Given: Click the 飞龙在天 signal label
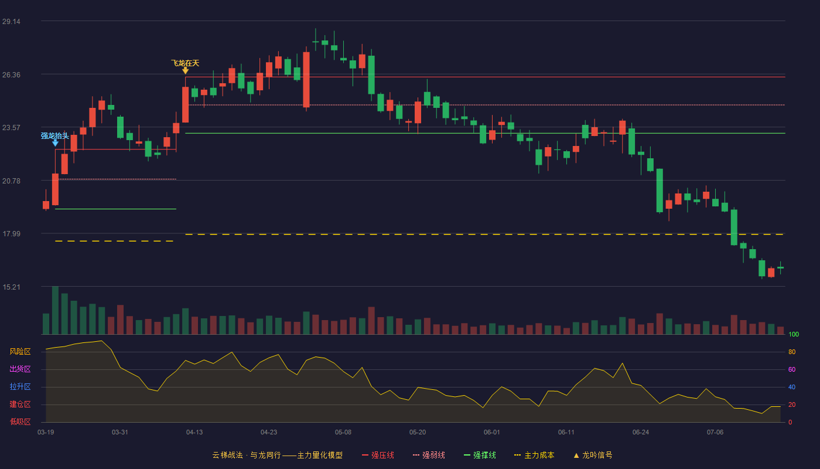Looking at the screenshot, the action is [x=185, y=63].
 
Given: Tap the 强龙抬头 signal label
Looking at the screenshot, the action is [x=54, y=135].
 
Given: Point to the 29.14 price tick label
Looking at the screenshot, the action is [x=11, y=21].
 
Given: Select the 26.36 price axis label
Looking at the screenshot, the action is [x=11, y=75].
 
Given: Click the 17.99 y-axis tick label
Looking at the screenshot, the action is [x=11, y=233].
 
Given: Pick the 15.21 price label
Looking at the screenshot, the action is [x=11, y=287].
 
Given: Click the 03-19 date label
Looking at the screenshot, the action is [x=46, y=432].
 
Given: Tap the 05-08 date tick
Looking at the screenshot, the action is [x=343, y=432].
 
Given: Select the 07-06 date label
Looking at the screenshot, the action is [x=715, y=432].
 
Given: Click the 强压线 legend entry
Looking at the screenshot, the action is [x=378, y=455].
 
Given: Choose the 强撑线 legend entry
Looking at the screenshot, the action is [x=480, y=455].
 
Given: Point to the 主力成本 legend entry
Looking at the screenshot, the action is [x=534, y=455].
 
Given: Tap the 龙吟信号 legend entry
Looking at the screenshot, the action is [x=593, y=455].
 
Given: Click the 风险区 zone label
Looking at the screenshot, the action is [x=20, y=351].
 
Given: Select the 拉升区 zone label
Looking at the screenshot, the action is [x=20, y=386].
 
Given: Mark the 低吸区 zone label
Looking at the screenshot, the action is [x=20, y=422].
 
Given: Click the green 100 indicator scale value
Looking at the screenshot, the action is [x=794, y=334].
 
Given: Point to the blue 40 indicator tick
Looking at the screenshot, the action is [x=792, y=387].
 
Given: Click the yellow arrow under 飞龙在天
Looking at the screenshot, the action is [x=185, y=70].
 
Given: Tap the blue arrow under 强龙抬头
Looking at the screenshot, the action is [x=55, y=143].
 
